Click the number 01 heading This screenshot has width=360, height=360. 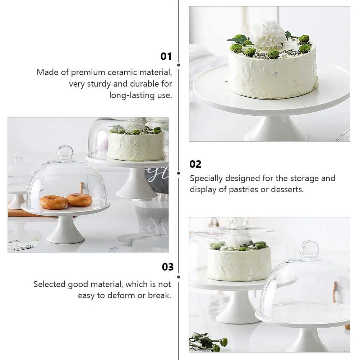[x=166, y=56]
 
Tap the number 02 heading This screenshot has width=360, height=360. [x=195, y=164]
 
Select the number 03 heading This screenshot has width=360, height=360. [x=167, y=267]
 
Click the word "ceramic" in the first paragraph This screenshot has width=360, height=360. [x=122, y=72]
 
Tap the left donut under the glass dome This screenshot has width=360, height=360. [x=54, y=202]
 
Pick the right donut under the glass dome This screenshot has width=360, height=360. [x=79, y=200]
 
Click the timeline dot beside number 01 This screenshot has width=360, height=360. [x=179, y=65]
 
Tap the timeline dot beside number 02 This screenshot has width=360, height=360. [x=179, y=173]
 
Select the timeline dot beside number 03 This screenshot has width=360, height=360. [x=179, y=277]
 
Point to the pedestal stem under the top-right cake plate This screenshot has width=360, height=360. [x=275, y=129]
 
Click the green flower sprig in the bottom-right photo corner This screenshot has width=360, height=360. [x=208, y=342]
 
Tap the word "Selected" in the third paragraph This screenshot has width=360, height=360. [x=49, y=284]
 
